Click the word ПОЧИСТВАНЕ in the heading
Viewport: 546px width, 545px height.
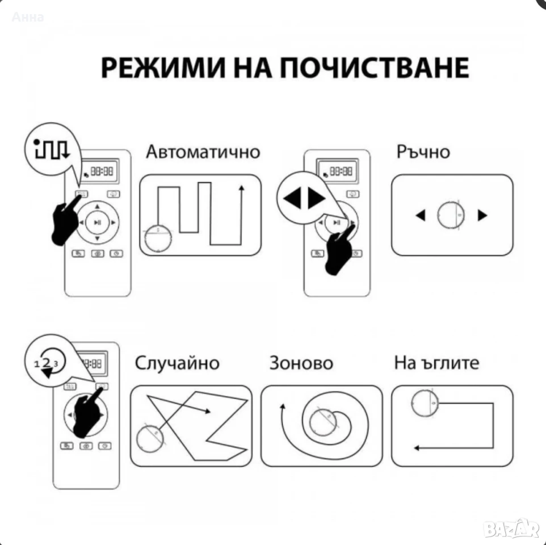pyautogui.click(x=375, y=68)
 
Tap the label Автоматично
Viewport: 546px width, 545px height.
pyautogui.click(x=203, y=152)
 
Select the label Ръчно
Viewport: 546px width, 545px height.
pyautogui.click(x=423, y=152)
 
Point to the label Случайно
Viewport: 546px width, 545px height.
pyautogui.click(x=177, y=363)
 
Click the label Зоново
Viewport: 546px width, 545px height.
pyautogui.click(x=301, y=363)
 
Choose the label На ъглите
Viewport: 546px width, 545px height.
pyautogui.click(x=436, y=363)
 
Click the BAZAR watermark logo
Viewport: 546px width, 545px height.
pyautogui.click(x=511, y=529)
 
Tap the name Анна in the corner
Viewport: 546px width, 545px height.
pyautogui.click(x=28, y=17)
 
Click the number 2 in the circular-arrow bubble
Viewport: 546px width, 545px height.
pyautogui.click(x=47, y=363)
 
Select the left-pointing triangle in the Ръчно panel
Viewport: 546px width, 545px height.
pyautogui.click(x=421, y=215)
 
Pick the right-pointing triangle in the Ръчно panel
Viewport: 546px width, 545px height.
pyautogui.click(x=482, y=215)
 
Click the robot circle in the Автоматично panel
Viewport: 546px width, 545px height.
pyautogui.click(x=158, y=238)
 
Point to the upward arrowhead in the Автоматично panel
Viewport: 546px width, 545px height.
pyautogui.click(x=241, y=188)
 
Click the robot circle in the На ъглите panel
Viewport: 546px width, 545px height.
pyautogui.click(x=425, y=403)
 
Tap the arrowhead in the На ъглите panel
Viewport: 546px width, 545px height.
pyautogui.click(x=416, y=448)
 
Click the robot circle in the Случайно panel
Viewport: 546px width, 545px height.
pyautogui.click(x=150, y=438)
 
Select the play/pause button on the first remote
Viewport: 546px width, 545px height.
pyautogui.click(x=98, y=222)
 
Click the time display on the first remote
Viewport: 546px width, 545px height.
pyautogui.click(x=100, y=171)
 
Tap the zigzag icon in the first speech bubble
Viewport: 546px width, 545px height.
pyautogui.click(x=52, y=149)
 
